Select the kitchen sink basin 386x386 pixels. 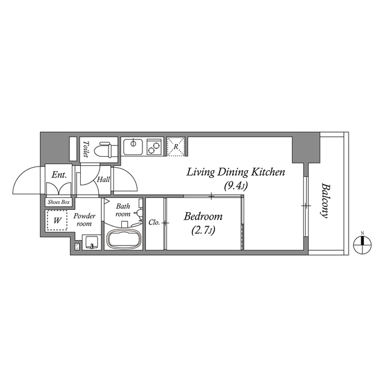131,146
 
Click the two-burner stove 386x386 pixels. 153,146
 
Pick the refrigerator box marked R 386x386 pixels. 176,147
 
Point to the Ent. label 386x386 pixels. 59,175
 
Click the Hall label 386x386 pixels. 103,179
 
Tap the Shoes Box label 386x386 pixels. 59,202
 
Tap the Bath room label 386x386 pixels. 123,210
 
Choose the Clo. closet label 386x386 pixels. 154,223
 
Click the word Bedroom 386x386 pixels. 203,217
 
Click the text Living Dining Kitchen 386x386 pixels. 235,172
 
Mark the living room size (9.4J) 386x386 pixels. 235,186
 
